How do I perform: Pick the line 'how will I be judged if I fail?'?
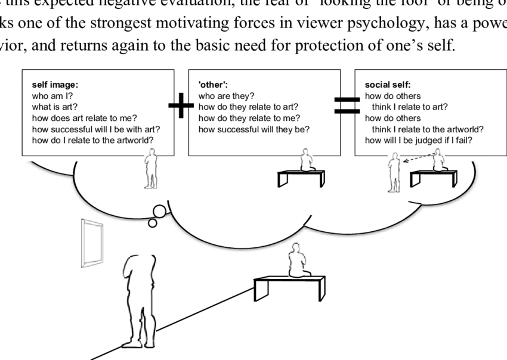point(421,141)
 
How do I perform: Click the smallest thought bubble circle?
point(153,223)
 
